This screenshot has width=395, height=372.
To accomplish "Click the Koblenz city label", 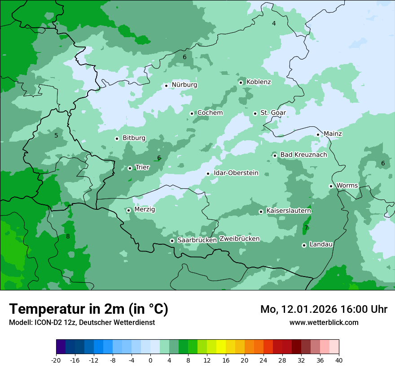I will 259,82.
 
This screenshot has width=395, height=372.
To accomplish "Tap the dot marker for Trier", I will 130,168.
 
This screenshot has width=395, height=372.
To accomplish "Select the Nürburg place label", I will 184,85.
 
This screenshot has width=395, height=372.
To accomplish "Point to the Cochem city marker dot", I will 192,113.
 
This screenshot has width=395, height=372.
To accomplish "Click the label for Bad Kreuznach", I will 303,155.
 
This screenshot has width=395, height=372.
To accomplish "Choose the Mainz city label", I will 333,134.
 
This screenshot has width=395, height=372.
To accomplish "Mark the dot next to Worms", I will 331,186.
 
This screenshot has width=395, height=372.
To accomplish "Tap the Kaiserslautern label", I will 289,211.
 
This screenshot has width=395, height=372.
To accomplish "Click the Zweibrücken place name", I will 239,239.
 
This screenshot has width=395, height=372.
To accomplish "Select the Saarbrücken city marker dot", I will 172,241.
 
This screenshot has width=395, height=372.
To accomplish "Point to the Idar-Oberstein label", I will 236,173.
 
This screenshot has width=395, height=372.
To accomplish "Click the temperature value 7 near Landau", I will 306,228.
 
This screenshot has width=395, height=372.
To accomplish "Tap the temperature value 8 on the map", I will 68,236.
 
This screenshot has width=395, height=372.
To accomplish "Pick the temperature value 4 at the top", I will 274,23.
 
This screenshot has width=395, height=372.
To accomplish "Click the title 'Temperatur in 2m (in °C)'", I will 88,309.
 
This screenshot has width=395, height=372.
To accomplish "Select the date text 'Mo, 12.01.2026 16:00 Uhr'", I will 324,309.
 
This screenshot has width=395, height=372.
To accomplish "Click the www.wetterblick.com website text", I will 324,322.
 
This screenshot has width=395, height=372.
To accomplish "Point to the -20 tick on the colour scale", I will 56,360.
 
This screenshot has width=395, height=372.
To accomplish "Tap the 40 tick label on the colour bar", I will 339,360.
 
